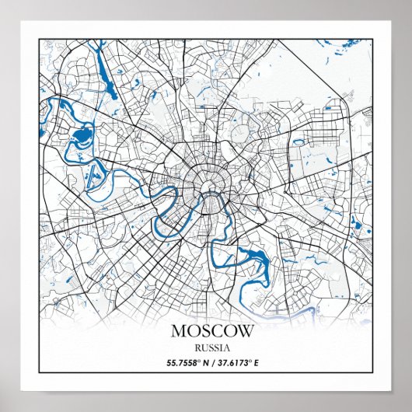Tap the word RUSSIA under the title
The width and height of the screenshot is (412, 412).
coord(211,348)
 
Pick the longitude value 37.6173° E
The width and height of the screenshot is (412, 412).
coord(236,363)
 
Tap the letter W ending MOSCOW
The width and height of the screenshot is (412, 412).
coord(244,330)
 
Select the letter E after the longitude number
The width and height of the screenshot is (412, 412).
coord(256,363)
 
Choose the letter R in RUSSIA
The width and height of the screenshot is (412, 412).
coord(198,348)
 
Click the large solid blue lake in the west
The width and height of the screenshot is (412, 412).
coord(81,139)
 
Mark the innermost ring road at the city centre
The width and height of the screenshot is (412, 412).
coord(208,183)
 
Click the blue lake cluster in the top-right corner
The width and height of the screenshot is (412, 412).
coord(345,54)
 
